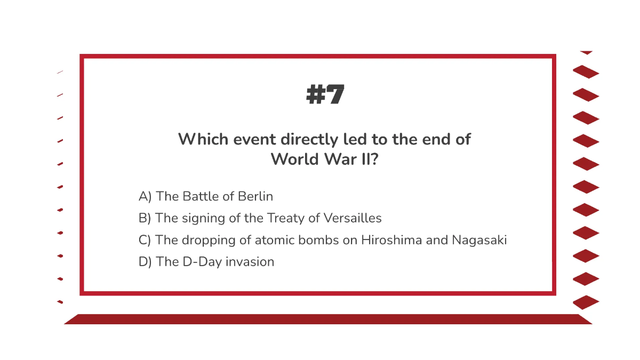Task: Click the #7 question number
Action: click(325, 95)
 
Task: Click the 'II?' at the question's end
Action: click(368, 159)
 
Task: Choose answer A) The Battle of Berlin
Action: click(206, 196)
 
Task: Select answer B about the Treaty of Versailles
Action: click(260, 218)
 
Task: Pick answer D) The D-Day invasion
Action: click(206, 262)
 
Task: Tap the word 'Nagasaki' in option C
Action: click(479, 240)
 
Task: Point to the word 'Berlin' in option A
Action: click(255, 196)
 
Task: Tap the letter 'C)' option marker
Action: click(145, 240)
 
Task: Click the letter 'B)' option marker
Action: click(145, 218)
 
